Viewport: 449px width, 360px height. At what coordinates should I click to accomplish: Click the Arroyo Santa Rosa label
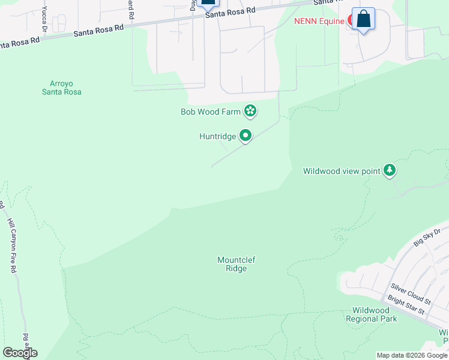(61, 88)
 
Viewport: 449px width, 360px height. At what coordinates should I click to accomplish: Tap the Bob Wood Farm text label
(211, 112)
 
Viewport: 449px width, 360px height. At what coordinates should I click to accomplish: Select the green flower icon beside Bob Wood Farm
(250, 110)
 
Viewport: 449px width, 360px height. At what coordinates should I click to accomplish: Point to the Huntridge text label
(217, 137)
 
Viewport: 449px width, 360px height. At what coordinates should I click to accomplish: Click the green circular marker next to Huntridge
(245, 136)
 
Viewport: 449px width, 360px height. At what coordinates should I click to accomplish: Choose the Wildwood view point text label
(342, 171)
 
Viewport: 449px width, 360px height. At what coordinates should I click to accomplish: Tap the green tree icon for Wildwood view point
(390, 170)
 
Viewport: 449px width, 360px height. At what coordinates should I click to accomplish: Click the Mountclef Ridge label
(232, 264)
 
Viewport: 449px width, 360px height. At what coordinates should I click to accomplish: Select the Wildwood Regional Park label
(371, 314)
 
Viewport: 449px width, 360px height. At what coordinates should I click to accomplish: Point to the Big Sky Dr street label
(427, 236)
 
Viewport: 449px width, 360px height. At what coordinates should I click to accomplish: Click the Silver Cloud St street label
(411, 293)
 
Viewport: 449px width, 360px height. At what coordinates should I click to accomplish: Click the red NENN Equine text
(319, 21)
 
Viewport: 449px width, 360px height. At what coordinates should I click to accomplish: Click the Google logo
(20, 353)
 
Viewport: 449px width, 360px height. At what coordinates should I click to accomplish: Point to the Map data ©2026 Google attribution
(412, 355)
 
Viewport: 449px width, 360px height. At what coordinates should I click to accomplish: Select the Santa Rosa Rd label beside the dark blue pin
(230, 12)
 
